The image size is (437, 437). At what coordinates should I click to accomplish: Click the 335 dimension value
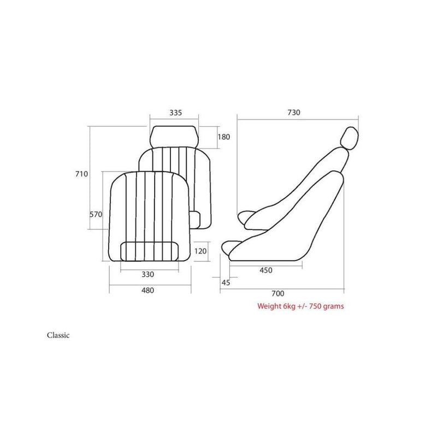click(175, 113)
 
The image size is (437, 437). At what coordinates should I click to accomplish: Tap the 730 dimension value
click(294, 113)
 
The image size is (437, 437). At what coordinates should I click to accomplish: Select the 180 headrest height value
click(223, 137)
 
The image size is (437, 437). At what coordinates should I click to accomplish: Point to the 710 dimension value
click(81, 174)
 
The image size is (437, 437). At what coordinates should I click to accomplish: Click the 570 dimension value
click(96, 214)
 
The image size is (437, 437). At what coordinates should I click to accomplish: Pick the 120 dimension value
click(200, 251)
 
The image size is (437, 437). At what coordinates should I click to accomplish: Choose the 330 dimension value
click(147, 275)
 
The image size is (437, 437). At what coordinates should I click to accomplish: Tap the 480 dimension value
click(147, 291)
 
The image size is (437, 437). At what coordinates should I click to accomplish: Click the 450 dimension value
click(266, 270)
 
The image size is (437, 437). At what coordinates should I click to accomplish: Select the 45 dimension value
click(226, 282)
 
